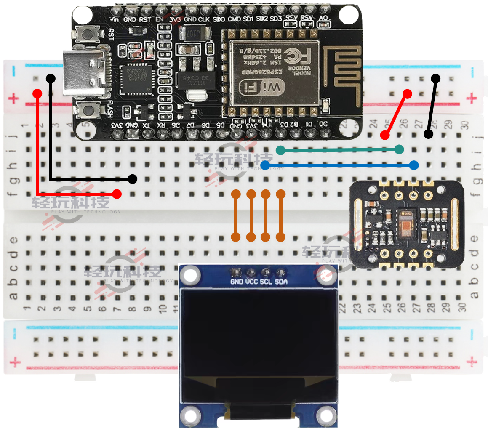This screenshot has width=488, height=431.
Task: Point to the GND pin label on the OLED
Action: click(x=237, y=282)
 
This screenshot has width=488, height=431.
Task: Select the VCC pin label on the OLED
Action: click(x=252, y=282)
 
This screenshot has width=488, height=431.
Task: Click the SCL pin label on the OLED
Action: click(x=266, y=282)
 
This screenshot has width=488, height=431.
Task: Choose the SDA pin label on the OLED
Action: click(x=281, y=282)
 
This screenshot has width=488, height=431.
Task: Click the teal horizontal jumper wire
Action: click(x=339, y=149)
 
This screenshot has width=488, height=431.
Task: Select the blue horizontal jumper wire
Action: click(x=339, y=165)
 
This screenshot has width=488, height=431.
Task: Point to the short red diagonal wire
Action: click(x=396, y=114)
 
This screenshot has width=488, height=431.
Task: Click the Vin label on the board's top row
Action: click(x=114, y=19)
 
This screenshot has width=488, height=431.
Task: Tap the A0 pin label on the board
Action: click(x=323, y=19)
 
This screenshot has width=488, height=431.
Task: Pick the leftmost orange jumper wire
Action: click(x=236, y=215)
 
